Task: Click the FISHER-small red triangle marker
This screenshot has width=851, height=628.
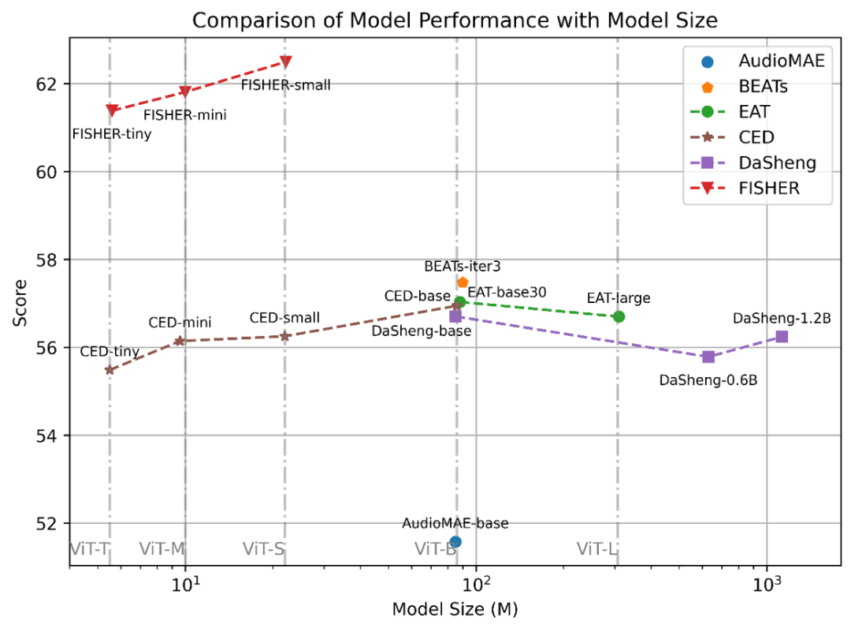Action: (x=286, y=62)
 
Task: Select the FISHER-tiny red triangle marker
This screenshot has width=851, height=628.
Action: (x=112, y=110)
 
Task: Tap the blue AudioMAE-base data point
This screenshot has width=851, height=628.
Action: (x=455, y=541)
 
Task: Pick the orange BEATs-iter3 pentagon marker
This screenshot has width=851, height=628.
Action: (x=463, y=282)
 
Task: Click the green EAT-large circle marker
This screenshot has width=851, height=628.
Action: (x=619, y=316)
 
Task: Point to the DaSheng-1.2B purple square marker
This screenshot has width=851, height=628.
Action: (x=782, y=336)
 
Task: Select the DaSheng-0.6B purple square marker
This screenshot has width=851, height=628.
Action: (x=708, y=357)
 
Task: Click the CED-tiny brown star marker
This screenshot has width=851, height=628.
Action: (x=110, y=370)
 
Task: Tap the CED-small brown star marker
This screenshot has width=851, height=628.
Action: (x=285, y=335)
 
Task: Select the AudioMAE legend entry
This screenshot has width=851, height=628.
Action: (x=781, y=60)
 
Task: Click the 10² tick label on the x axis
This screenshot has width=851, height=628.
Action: (x=475, y=588)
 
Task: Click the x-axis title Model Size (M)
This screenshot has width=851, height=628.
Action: (x=455, y=610)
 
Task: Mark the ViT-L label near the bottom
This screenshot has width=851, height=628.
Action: (x=596, y=548)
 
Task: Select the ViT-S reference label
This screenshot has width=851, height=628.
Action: (x=263, y=548)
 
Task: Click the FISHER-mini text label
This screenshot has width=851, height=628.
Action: (x=185, y=115)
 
